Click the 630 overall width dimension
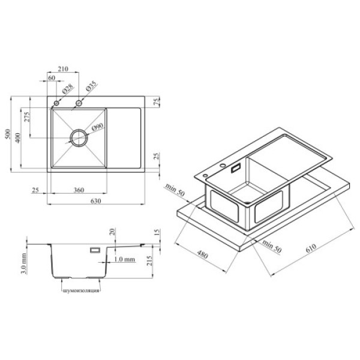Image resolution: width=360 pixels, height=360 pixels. (x=96, y=201)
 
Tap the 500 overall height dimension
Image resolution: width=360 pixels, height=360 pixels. (x=8, y=134)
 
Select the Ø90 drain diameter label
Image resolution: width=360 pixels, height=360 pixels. (x=98, y=127)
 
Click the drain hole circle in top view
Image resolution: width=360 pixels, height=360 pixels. (x=79, y=138)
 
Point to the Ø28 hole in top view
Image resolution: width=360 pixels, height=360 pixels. (x=56, y=103)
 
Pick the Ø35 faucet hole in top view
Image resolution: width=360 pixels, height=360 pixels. (x=79, y=103)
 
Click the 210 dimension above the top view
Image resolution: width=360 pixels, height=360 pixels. (x=63, y=68)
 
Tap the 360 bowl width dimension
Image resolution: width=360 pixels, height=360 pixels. (x=79, y=190)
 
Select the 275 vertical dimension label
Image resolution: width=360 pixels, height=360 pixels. (x=27, y=117)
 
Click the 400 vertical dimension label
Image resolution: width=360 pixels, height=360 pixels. (x=17, y=137)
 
